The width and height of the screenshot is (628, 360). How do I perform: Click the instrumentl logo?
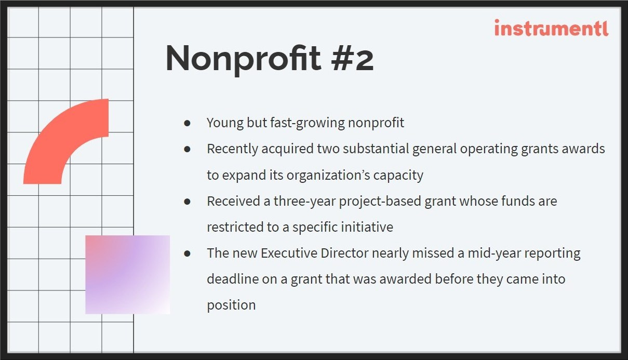tap(552, 28)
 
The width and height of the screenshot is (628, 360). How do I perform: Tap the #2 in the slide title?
tap(352, 59)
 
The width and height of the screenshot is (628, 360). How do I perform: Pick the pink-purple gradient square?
tap(128, 275)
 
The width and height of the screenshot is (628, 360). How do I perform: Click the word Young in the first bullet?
tap(225, 123)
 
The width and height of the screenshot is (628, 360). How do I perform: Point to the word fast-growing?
tap(308, 123)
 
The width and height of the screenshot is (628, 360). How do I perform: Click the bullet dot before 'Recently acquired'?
tap(188, 149)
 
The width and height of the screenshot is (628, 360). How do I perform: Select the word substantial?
tap(376, 149)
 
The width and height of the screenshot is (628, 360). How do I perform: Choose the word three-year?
tap(305, 202)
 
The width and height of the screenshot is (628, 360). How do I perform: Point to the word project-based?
tap(380, 202)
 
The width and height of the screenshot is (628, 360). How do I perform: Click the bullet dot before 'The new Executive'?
tap(188, 254)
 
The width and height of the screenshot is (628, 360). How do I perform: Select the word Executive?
tap(289, 253)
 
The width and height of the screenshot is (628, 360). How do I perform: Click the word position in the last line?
tap(231, 305)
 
